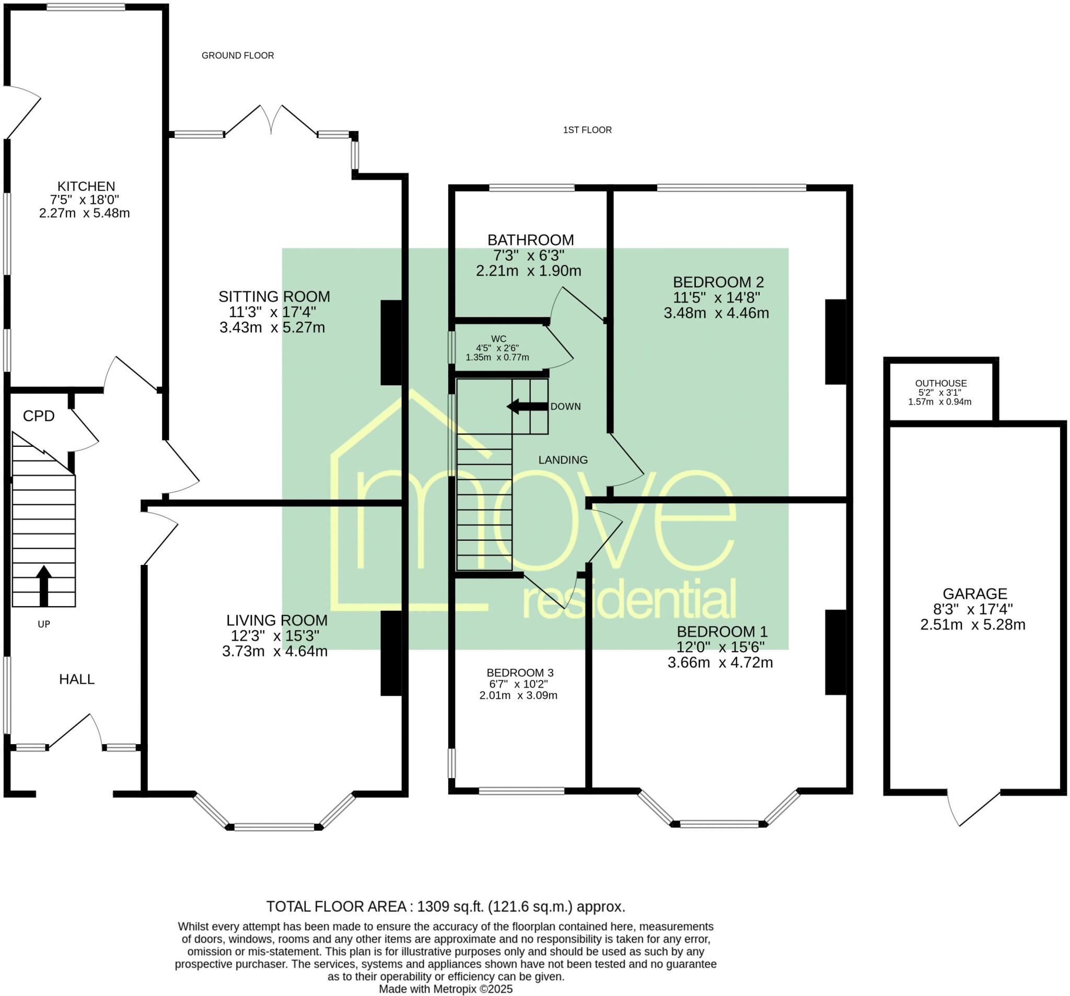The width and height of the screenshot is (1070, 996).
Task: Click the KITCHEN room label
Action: (86, 186)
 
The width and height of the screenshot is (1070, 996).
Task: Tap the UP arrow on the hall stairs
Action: (43, 586)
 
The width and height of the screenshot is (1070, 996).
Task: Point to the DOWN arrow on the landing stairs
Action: (528, 407)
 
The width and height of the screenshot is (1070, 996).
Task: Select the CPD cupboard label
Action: (39, 415)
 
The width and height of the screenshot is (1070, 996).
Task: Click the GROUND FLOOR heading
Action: (238, 55)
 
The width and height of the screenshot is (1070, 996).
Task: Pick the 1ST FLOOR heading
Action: (587, 130)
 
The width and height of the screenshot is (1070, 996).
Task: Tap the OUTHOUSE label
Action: (941, 384)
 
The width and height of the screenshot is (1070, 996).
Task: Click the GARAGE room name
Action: (975, 594)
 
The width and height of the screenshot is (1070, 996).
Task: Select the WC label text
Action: (498, 339)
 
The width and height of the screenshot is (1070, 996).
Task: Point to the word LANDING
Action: (563, 460)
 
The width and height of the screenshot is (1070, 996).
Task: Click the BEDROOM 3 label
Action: (520, 673)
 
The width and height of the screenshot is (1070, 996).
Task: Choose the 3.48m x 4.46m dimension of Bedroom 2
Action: (716, 313)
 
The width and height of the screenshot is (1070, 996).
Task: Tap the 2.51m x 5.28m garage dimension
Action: (973, 624)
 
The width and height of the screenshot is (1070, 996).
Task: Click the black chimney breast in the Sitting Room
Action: (391, 342)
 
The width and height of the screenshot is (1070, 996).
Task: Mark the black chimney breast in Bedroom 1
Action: (836, 652)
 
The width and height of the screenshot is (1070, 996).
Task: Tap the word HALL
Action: (77, 679)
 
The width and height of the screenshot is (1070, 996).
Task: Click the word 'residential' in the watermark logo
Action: (629, 599)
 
